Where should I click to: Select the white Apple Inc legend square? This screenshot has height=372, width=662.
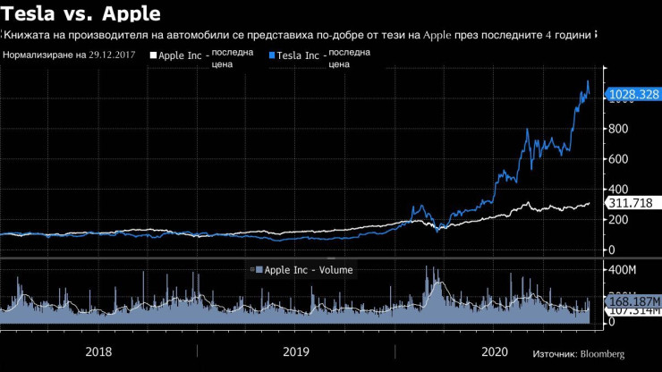pyautogui.click(x=153, y=55)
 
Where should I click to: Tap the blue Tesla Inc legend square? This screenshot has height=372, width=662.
pyautogui.click(x=272, y=55)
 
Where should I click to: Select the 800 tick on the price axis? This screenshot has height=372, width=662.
pyautogui.click(x=617, y=129)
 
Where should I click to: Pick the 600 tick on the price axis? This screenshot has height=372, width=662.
pyautogui.click(x=617, y=159)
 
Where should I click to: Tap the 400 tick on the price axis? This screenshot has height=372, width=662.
pyautogui.click(x=617, y=189)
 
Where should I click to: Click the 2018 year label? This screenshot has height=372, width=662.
pyautogui.click(x=99, y=351)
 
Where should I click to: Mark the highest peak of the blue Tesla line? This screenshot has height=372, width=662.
pyautogui.click(x=588, y=81)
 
